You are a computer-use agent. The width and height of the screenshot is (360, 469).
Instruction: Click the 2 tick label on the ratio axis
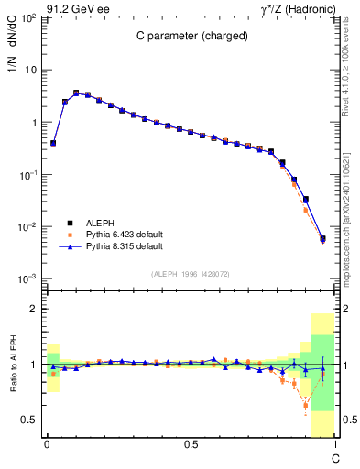(x=33, y=310)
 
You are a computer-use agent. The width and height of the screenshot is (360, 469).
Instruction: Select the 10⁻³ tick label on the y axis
(x=27, y=278)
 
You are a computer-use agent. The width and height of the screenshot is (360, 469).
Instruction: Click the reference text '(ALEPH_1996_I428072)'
(x=191, y=274)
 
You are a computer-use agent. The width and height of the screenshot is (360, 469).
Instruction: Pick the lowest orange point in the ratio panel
(x=306, y=404)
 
